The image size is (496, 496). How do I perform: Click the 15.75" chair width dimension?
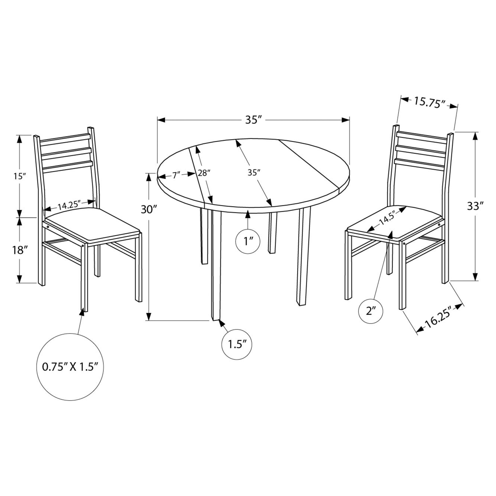pos(429,102)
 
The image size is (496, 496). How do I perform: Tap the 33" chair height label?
pos(475,206)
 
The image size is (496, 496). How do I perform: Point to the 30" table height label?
pos(149,209)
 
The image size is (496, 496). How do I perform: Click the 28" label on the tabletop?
pos(204,173)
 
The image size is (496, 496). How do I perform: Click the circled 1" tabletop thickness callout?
pos(248,242)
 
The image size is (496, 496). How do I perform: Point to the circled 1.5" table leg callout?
pos(237,344)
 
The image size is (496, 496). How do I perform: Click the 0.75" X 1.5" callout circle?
pos(70,367)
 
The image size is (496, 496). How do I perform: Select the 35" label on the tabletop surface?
pos(254,173)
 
